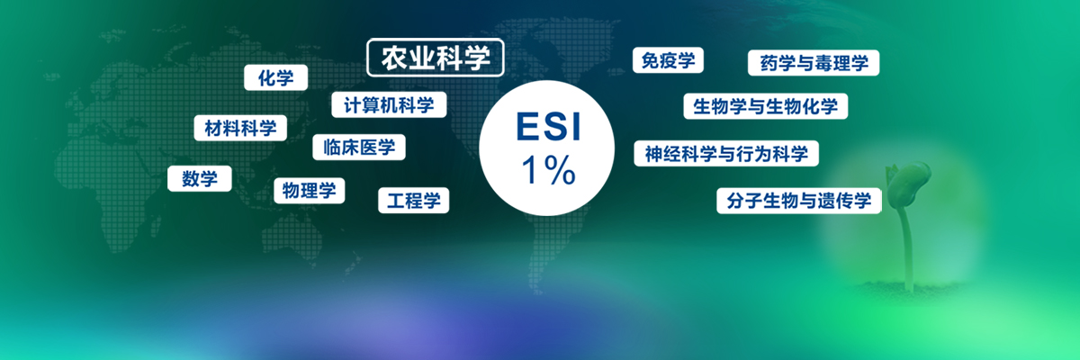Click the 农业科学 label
click(436, 58)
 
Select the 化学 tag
click(275, 77)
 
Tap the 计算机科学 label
click(389, 104)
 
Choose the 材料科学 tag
click(240, 128)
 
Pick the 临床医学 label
click(359, 147)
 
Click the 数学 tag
click(200, 179)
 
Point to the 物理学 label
click(309, 191)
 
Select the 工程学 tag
click(414, 201)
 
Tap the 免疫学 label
click(668, 60)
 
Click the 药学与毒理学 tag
click(814, 63)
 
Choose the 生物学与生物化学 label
click(765, 106)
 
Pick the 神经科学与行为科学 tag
click(726, 154)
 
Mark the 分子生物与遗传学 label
click(799, 201)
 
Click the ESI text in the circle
click(548, 127)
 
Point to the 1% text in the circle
click(548, 170)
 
